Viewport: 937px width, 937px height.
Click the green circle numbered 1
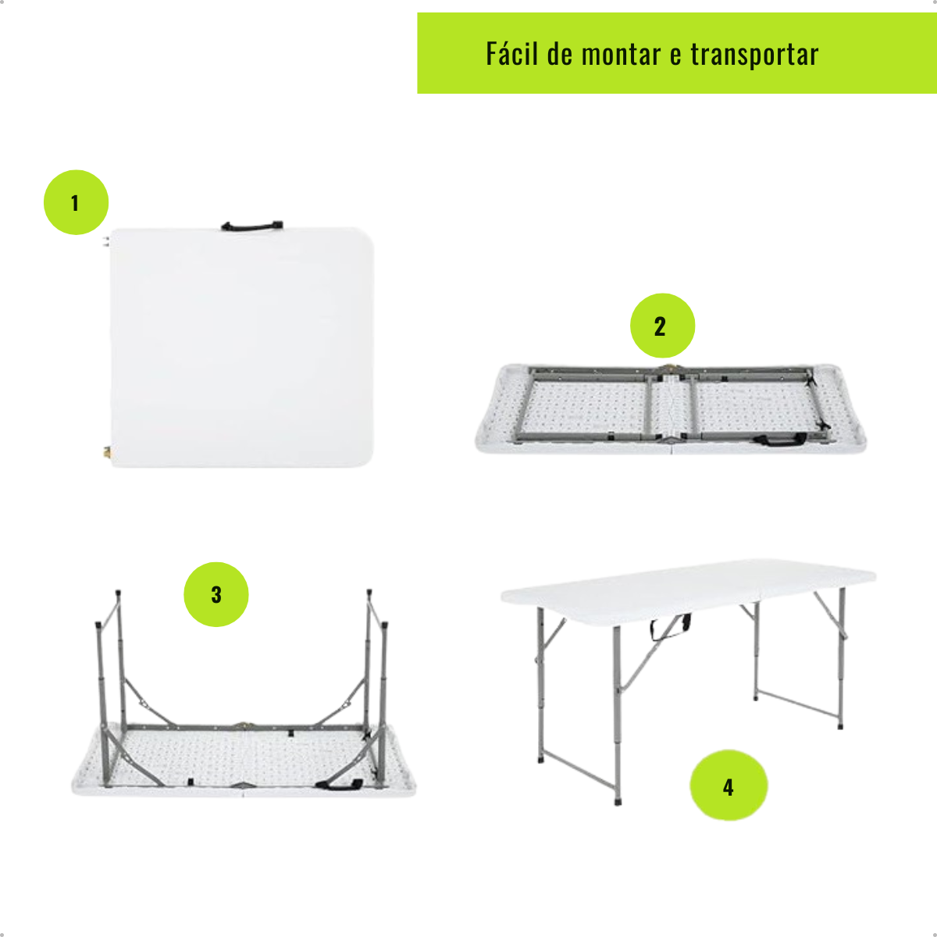click(x=76, y=202)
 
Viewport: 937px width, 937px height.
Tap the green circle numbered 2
click(x=662, y=326)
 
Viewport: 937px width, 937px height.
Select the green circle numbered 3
click(x=216, y=594)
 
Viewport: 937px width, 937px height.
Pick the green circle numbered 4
click(x=729, y=786)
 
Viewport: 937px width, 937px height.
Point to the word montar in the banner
click(x=621, y=55)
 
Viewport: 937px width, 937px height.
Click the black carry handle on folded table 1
click(x=252, y=226)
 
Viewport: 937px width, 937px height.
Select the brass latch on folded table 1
click(x=106, y=452)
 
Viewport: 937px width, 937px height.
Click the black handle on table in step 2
click(x=780, y=439)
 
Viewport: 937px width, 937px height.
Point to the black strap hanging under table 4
click(x=669, y=628)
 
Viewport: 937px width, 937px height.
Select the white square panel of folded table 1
click(x=241, y=347)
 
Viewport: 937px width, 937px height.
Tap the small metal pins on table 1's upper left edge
click(x=105, y=241)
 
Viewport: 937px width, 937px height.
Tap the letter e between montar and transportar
click(x=675, y=56)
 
